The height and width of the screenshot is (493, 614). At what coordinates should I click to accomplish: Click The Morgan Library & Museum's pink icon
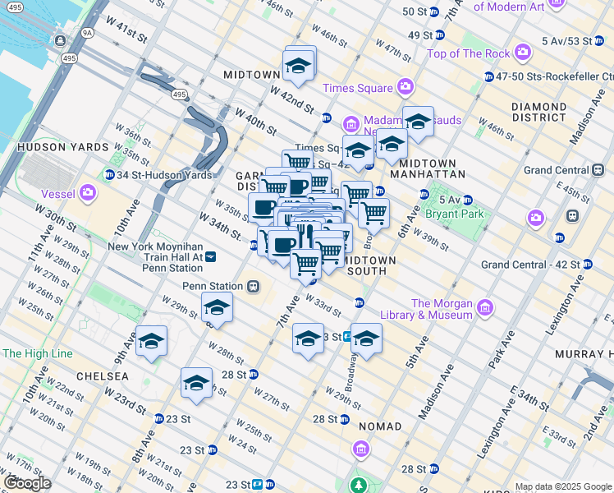[485, 308]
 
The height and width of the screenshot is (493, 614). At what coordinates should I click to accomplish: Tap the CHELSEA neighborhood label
[102, 376]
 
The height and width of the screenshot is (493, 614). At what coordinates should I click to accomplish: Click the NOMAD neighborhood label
[380, 426]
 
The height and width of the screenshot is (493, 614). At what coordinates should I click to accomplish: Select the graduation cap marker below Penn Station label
[217, 308]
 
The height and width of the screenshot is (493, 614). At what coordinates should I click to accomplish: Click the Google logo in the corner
[27, 483]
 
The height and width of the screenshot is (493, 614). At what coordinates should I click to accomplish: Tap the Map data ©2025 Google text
[563, 486]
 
